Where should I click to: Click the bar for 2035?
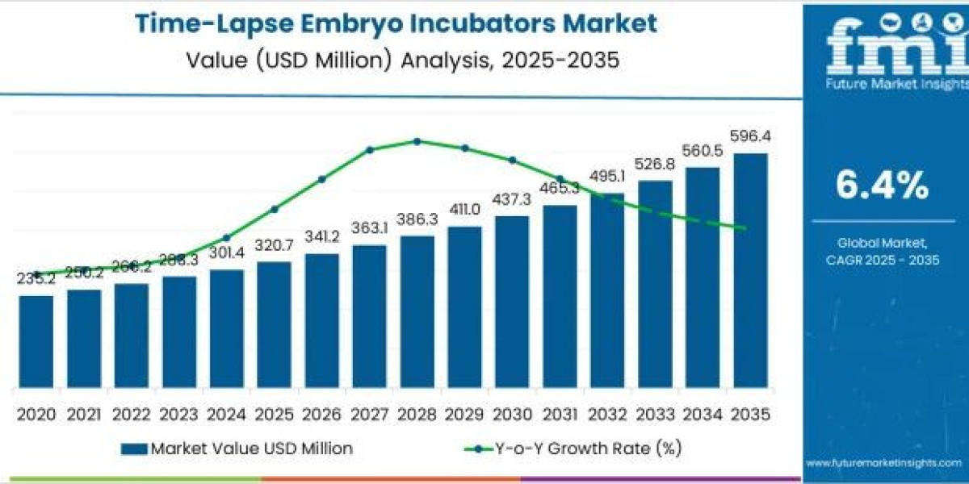coord(750,270)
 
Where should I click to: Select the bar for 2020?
coord(36,341)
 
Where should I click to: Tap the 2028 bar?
coord(417,311)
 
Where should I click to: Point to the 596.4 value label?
coord(750,137)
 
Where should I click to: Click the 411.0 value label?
coord(464,210)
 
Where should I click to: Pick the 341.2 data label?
coord(321,238)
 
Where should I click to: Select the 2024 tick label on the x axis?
coord(226,414)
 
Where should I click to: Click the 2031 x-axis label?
coord(560,414)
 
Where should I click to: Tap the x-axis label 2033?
coord(655,414)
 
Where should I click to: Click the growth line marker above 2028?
coord(417,141)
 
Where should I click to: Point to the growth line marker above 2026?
coord(321,179)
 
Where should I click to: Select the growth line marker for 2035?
coord(744,229)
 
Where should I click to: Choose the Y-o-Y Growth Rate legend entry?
coord(565,449)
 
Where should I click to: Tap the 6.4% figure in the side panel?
coord(882,187)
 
